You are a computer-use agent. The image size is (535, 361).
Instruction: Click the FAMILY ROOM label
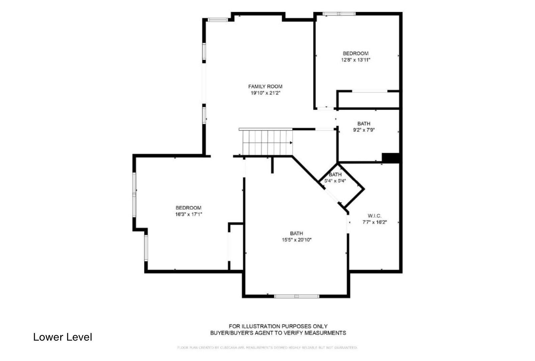(265, 87)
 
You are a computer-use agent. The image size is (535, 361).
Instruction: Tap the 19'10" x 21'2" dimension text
(265, 93)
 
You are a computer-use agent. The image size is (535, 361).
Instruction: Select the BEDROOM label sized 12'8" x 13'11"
(355, 53)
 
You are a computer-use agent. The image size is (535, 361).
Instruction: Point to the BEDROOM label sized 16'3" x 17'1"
(188, 208)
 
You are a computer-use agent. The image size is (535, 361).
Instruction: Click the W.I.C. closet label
(374, 216)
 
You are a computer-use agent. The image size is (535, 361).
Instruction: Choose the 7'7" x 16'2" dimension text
(374, 222)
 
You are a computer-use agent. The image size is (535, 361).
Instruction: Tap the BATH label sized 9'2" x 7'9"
(363, 124)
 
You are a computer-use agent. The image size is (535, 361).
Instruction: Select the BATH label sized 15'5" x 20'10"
(296, 233)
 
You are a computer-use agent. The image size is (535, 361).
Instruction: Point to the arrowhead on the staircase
(291, 143)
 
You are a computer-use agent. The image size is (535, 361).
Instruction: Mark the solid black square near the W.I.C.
(390, 158)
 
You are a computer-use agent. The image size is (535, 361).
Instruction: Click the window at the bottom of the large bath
(297, 296)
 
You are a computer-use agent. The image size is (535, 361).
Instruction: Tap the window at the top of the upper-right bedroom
(339, 14)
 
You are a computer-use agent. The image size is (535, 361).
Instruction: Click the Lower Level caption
(63, 337)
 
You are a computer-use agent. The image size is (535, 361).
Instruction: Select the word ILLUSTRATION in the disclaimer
(258, 326)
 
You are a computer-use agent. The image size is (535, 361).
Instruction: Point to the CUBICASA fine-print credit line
(267, 348)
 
